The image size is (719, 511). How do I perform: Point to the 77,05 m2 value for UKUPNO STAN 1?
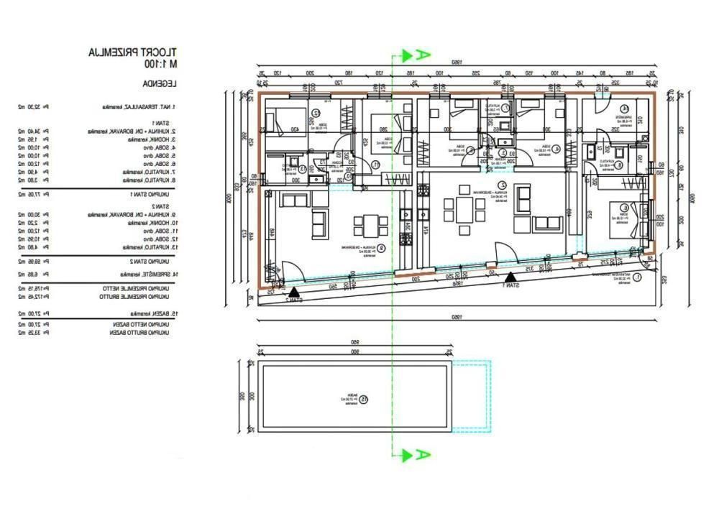[33, 194]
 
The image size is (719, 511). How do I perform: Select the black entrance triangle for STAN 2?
[293, 290]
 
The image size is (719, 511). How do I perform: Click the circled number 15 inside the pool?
[364, 400]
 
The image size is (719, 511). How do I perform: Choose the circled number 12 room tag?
[316, 114]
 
